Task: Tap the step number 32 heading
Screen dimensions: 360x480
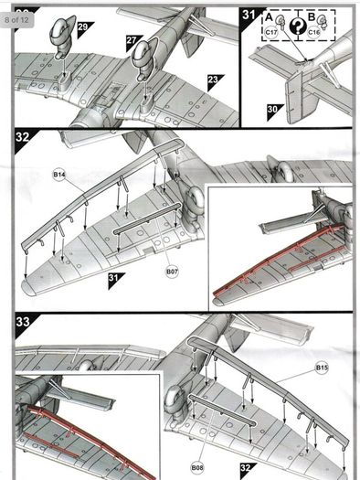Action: pyautogui.click(x=23, y=137)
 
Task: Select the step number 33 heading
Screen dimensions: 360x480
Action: pyautogui.click(x=23, y=322)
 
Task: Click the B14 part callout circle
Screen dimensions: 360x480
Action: pyautogui.click(x=59, y=175)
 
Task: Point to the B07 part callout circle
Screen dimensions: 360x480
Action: pyautogui.click(x=172, y=272)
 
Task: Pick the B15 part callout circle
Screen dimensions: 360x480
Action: pyautogui.click(x=322, y=368)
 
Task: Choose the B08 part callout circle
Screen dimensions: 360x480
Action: pyautogui.click(x=197, y=467)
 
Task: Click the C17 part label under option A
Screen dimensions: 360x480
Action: pyautogui.click(x=271, y=32)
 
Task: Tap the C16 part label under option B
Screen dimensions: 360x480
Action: pyautogui.click(x=313, y=32)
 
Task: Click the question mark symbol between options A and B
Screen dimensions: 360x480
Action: pyautogui.click(x=298, y=26)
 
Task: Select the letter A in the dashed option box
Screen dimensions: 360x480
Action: pyautogui.click(x=269, y=17)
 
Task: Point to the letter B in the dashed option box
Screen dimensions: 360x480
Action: pyautogui.click(x=311, y=16)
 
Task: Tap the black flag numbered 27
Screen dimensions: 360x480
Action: pyautogui.click(x=132, y=41)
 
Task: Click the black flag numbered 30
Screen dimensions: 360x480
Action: pyautogui.click(x=273, y=111)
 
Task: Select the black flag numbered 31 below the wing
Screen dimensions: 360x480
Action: pyautogui.click(x=114, y=279)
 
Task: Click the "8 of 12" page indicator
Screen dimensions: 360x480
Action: pyautogui.click(x=16, y=20)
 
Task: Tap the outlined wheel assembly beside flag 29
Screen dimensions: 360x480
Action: pyautogui.click(x=62, y=37)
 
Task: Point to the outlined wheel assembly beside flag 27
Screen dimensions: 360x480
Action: pyautogui.click(x=143, y=59)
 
